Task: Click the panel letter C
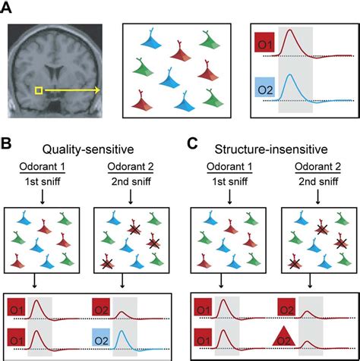tap(193, 144)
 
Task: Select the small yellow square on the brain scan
tap(39, 90)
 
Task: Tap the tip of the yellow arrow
tap(100, 90)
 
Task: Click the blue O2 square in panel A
tap(265, 87)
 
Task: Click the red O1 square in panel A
tap(265, 42)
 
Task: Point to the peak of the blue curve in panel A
tap(290, 74)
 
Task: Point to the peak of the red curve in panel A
tap(290, 30)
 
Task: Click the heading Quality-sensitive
tap(88, 149)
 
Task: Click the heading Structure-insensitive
tap(271, 149)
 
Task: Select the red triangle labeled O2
tap(284, 336)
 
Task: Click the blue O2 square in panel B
tap(101, 337)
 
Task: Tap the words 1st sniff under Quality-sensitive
tap(43, 181)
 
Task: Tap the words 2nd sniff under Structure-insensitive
tap(318, 181)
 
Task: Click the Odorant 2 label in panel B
tap(131, 167)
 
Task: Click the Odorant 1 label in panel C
tap(229, 167)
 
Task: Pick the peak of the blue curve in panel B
tap(122, 331)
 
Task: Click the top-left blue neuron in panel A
tap(151, 39)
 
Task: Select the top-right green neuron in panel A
tap(210, 40)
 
